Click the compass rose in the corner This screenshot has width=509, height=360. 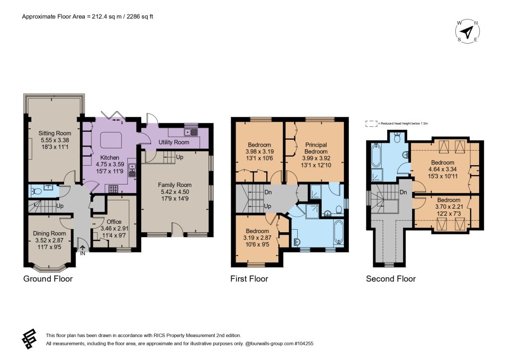tap(467, 31)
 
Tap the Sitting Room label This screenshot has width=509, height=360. tap(55, 133)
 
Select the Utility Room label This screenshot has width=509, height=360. tap(173, 142)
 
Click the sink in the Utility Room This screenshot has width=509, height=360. tap(191, 132)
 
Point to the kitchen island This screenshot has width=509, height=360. tap(111, 140)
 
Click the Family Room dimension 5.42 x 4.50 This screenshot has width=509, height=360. tap(174, 192)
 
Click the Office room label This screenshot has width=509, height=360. tap(114, 222)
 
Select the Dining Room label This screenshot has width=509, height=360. tap(49, 233)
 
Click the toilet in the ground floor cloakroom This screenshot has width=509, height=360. tap(36, 191)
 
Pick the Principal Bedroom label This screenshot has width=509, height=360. tap(316, 148)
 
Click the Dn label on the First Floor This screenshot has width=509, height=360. tap(268, 192)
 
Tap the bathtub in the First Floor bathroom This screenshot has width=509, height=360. tap(339, 232)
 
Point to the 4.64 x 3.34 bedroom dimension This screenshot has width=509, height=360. tap(442, 169)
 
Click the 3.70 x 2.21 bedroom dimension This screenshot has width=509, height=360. tap(449, 206)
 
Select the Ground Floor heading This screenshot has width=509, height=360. tap(48, 279)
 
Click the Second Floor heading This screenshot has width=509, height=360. tap(391, 279)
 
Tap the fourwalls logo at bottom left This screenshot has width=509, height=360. tap(29, 339)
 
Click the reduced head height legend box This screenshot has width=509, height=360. tap(371, 124)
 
